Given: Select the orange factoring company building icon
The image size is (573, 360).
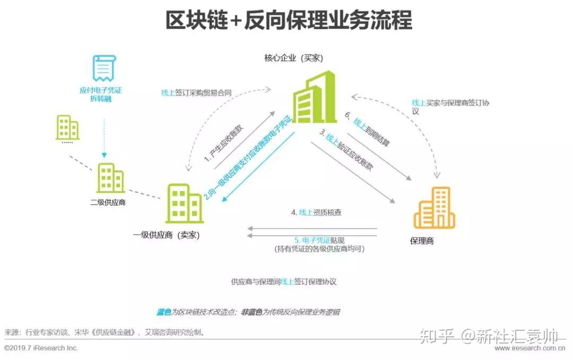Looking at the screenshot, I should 434,208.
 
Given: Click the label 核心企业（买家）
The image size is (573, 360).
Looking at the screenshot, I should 294,58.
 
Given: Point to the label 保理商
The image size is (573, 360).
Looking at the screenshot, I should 422,241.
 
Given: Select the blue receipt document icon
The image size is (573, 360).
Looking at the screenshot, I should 104,68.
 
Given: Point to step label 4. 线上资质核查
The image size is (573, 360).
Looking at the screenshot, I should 316,212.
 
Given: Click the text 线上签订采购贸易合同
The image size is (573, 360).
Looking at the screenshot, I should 196,92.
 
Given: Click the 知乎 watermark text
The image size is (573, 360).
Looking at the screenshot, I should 437,336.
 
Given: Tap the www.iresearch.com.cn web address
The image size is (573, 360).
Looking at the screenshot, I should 528,348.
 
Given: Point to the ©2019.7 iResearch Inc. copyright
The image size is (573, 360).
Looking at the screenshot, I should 41,348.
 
